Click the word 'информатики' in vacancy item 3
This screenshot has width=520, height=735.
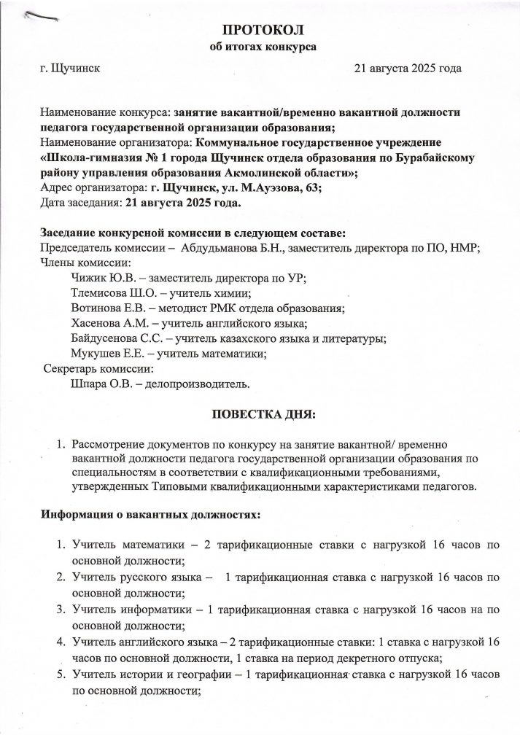147,606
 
